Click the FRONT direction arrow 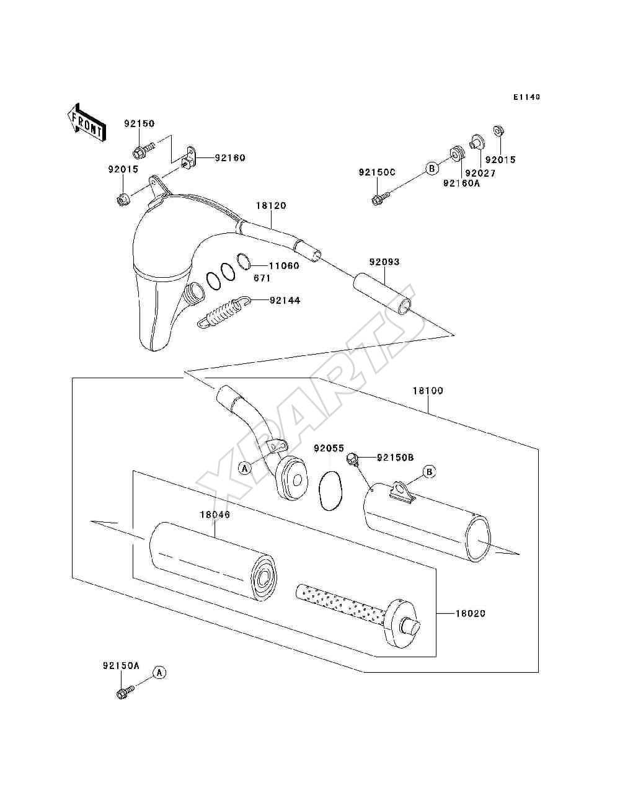point(86,122)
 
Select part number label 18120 point(271,206)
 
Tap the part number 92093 point(384,262)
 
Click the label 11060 point(284,265)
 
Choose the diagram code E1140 point(526,97)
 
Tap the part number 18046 point(215,515)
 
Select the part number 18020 point(471,614)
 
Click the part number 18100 point(428,391)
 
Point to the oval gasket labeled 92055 point(330,491)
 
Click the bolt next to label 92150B point(352,459)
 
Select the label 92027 point(480,173)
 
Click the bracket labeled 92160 point(188,157)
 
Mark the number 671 point(262,278)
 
